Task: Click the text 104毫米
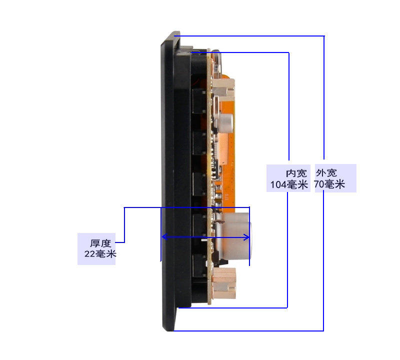(x=289, y=184)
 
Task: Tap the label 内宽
(x=296, y=173)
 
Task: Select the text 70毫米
(x=329, y=184)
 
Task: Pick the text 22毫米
(x=100, y=254)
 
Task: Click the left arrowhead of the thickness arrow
(x=163, y=237)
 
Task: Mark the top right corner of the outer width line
(x=324, y=36)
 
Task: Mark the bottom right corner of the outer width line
(x=323, y=330)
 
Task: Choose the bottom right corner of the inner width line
(x=287, y=307)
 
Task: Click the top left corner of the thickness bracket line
(x=124, y=207)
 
